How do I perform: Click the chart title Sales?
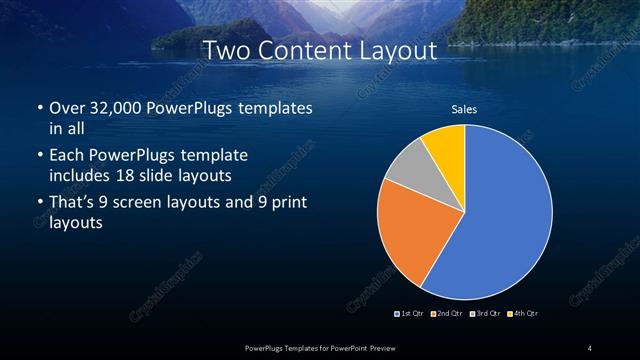click(x=464, y=109)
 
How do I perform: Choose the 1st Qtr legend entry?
click(x=411, y=314)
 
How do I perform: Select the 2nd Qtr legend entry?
click(x=446, y=314)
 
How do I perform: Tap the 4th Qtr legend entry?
click(x=522, y=314)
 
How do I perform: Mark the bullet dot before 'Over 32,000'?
click(x=38, y=108)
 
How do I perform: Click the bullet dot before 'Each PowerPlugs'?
click(x=38, y=156)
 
